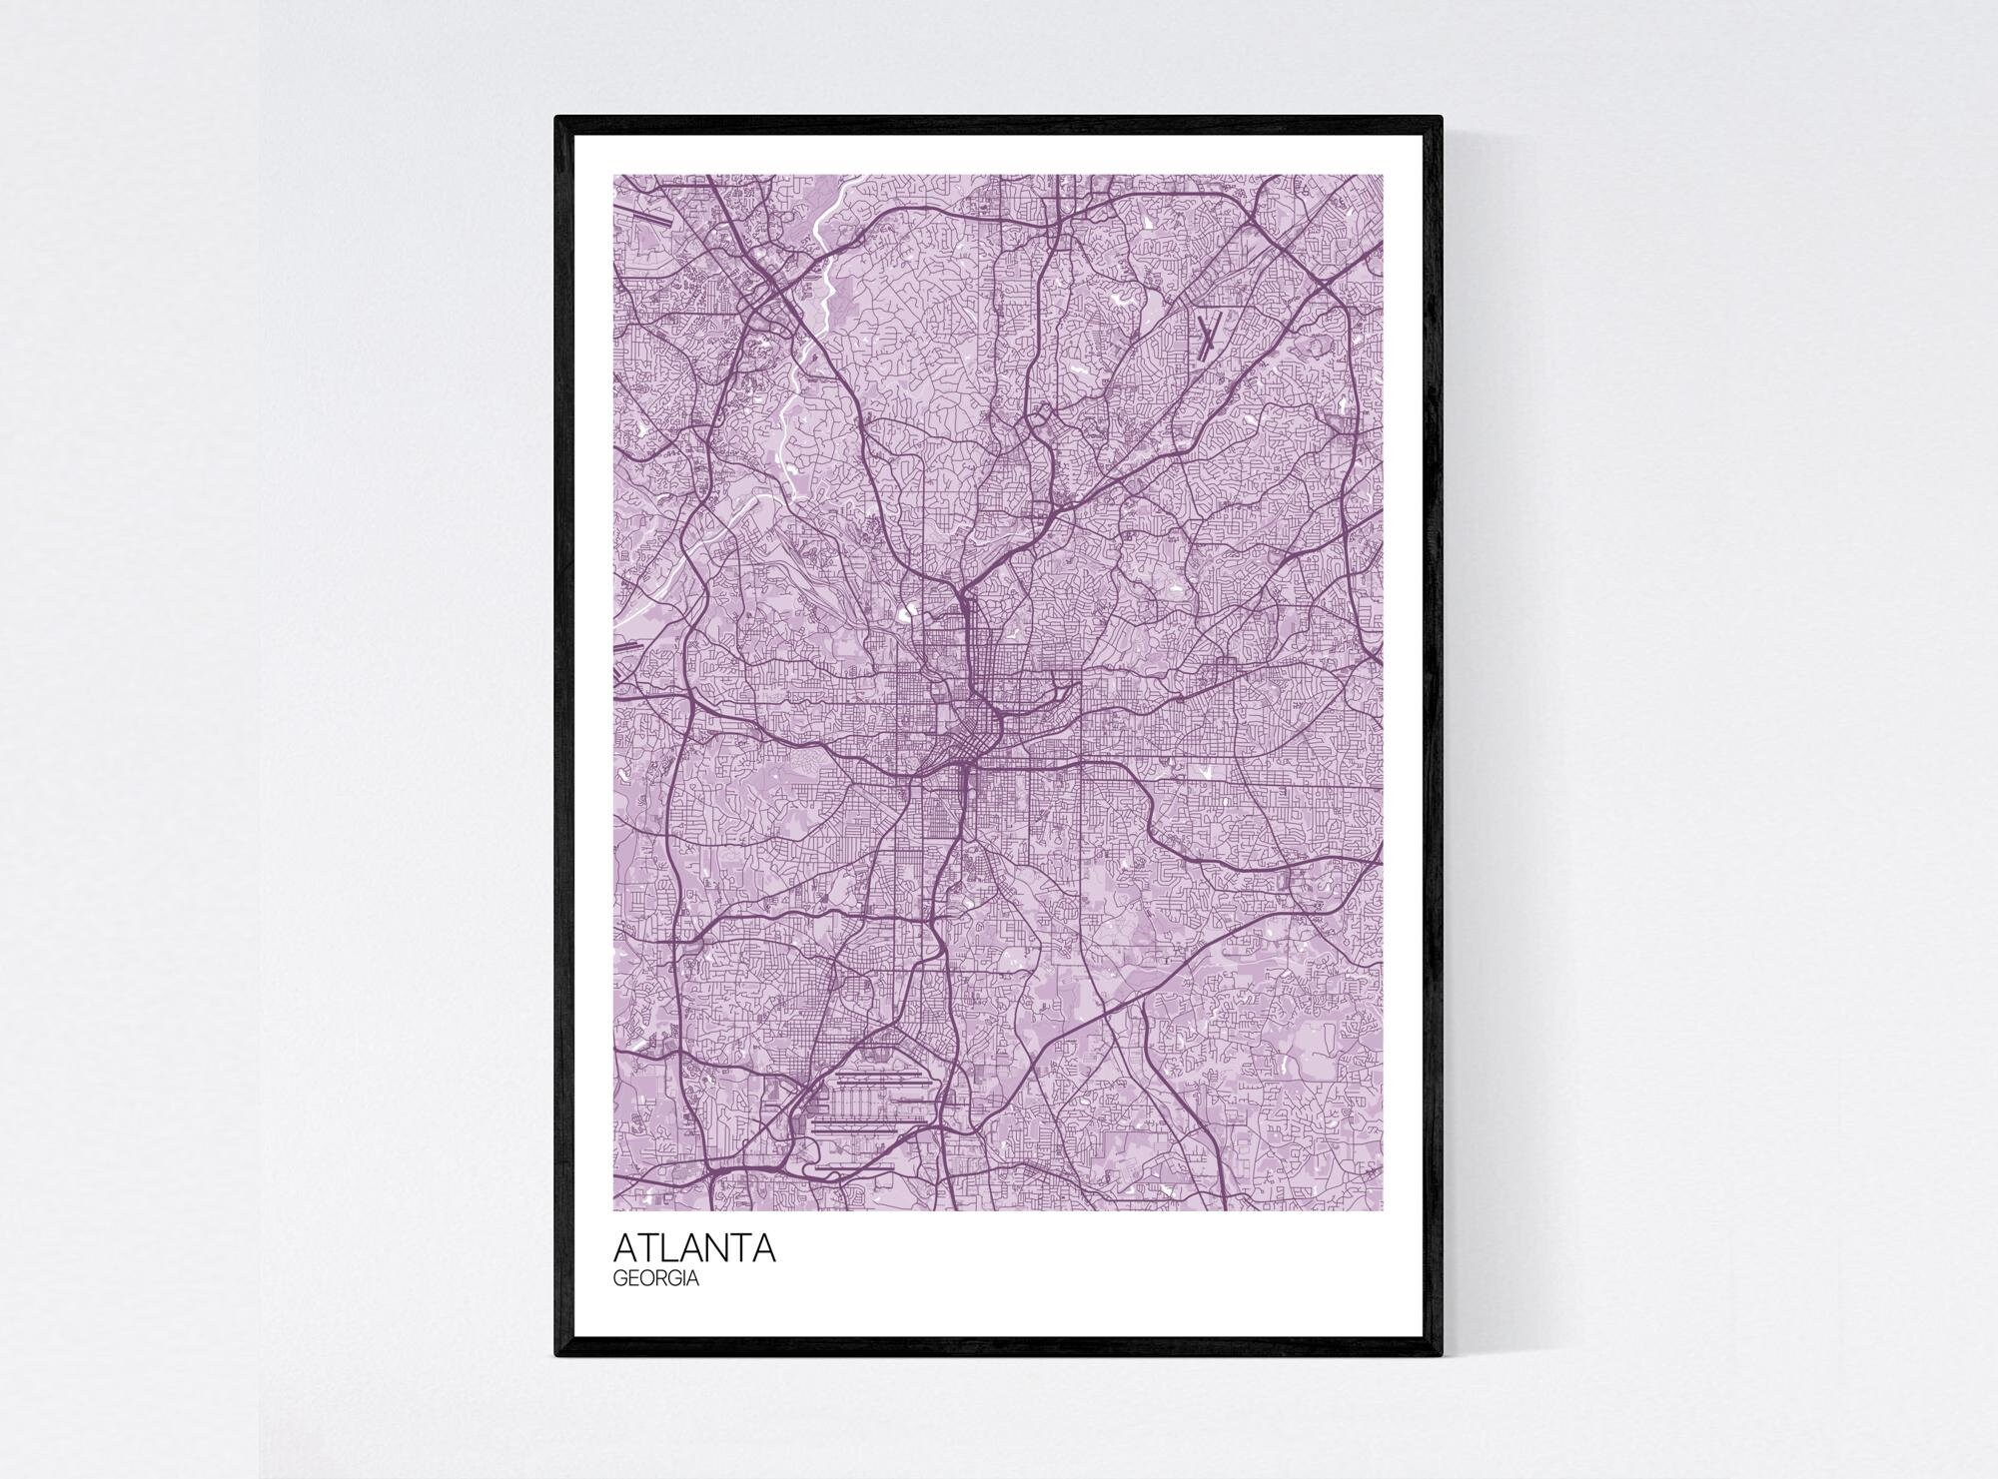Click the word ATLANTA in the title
point(694,1249)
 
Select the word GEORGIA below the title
point(655,1279)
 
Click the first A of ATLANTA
point(626,1249)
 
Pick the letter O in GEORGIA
point(650,1279)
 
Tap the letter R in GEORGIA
point(663,1279)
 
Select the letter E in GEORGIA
point(636,1279)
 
